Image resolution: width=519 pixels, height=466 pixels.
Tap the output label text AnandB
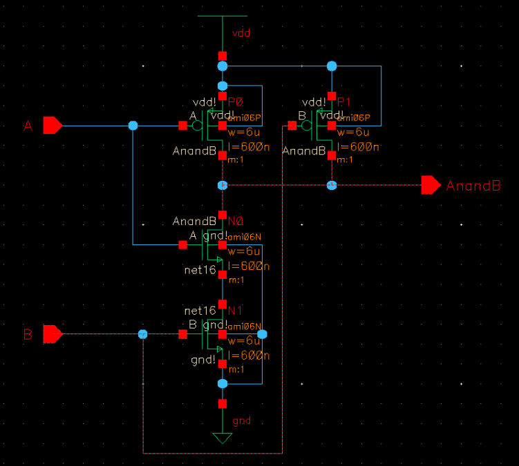[473, 186]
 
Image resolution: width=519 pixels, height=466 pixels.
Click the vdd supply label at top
[240, 33]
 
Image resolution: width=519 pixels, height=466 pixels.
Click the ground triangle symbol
[222, 438]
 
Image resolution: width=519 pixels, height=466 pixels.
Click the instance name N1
[236, 311]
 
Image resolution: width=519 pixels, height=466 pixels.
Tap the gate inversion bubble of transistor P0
[197, 126]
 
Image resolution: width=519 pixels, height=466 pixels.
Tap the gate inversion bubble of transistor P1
[307, 126]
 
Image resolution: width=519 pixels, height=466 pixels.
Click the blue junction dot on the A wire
[133, 126]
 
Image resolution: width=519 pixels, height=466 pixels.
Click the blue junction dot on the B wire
[142, 334]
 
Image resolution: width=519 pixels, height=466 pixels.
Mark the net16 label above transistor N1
[200, 311]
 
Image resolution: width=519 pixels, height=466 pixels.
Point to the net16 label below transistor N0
[200, 270]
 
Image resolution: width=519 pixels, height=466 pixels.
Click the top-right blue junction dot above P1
[332, 66]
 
